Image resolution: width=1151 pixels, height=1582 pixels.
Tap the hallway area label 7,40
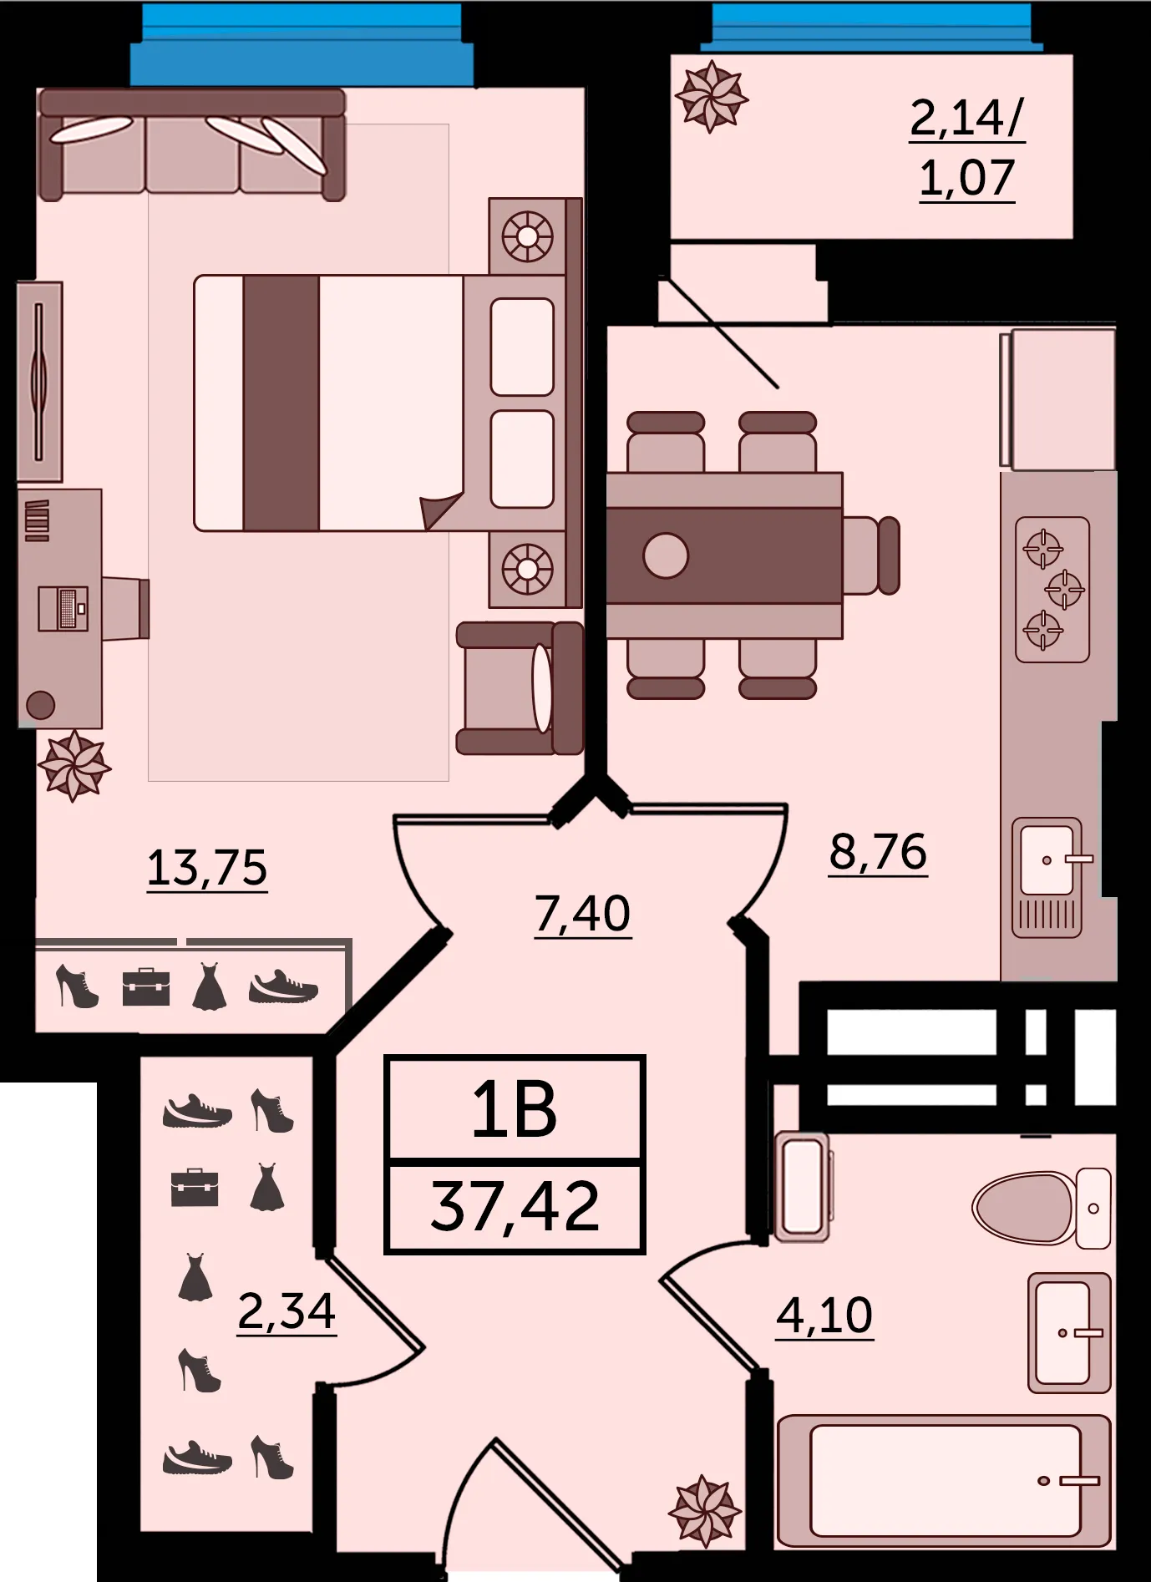click(x=582, y=913)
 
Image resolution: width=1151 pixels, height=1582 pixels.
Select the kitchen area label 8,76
click(x=878, y=852)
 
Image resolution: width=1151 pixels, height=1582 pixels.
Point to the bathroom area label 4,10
click(x=824, y=1316)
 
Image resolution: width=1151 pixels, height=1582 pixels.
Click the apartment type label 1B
click(x=514, y=1110)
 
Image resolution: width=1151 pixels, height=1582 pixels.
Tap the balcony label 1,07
click(x=966, y=178)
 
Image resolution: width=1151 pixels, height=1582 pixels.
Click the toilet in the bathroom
click(x=1041, y=1208)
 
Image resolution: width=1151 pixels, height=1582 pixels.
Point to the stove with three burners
click(x=1052, y=589)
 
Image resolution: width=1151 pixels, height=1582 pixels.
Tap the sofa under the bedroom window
click(x=192, y=145)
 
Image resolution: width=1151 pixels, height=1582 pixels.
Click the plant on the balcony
click(x=711, y=97)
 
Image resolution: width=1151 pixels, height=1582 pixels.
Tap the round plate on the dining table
click(x=666, y=555)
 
